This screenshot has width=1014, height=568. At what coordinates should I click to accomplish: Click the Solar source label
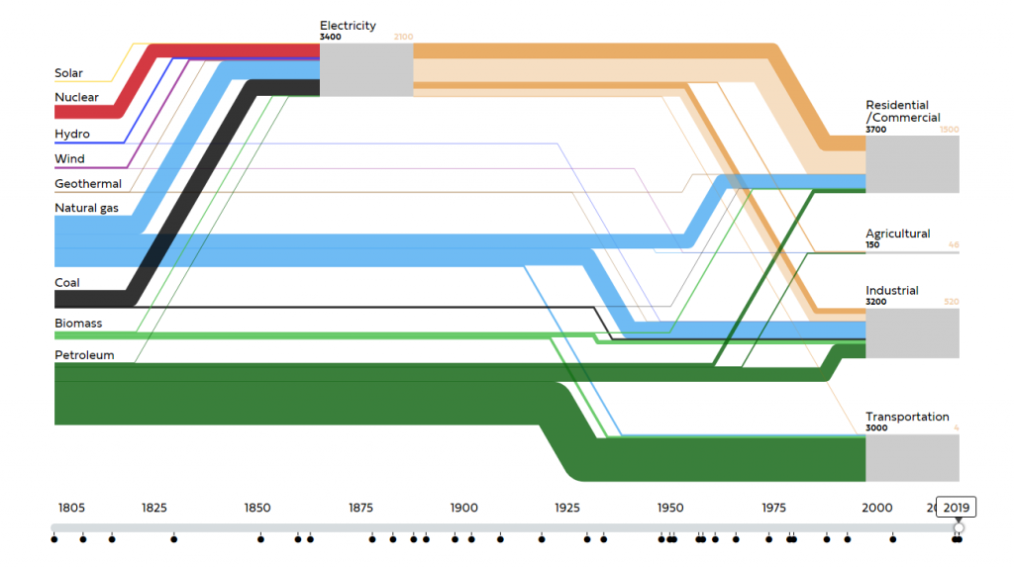68,73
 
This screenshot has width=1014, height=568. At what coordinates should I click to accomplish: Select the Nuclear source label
76,97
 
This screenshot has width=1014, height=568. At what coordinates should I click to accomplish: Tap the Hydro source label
72,134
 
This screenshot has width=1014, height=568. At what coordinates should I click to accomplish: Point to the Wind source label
69,158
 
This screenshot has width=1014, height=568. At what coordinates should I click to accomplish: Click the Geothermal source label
88,183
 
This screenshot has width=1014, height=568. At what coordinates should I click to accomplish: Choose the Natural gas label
86,208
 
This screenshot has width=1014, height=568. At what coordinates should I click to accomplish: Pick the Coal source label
67,282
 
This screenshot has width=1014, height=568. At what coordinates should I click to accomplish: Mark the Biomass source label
78,324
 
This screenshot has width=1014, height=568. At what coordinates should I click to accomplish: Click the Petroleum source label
84,355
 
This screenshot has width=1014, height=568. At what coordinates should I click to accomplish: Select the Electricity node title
348,26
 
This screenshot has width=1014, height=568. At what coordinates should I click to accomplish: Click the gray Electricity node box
366,69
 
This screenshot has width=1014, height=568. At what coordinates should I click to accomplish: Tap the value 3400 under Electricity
331,38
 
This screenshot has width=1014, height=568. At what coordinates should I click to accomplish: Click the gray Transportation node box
912,457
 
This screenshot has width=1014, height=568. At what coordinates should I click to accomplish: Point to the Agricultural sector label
897,234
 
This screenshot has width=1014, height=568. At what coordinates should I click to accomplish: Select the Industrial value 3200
876,302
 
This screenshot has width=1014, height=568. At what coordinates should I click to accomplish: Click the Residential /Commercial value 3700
876,130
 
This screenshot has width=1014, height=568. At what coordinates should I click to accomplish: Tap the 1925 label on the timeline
567,508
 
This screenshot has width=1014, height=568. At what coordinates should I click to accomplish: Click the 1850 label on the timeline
257,508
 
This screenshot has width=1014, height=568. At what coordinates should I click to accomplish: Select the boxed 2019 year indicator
957,508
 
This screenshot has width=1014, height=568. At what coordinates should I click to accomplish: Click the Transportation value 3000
876,428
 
